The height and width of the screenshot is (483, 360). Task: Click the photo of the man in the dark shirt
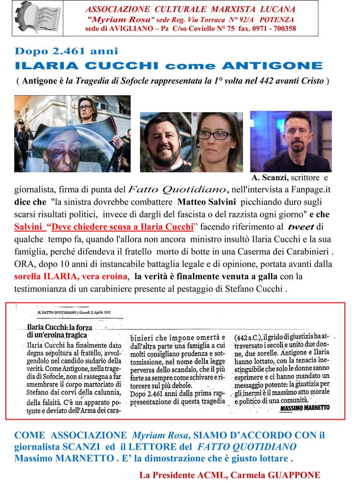[290, 141]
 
